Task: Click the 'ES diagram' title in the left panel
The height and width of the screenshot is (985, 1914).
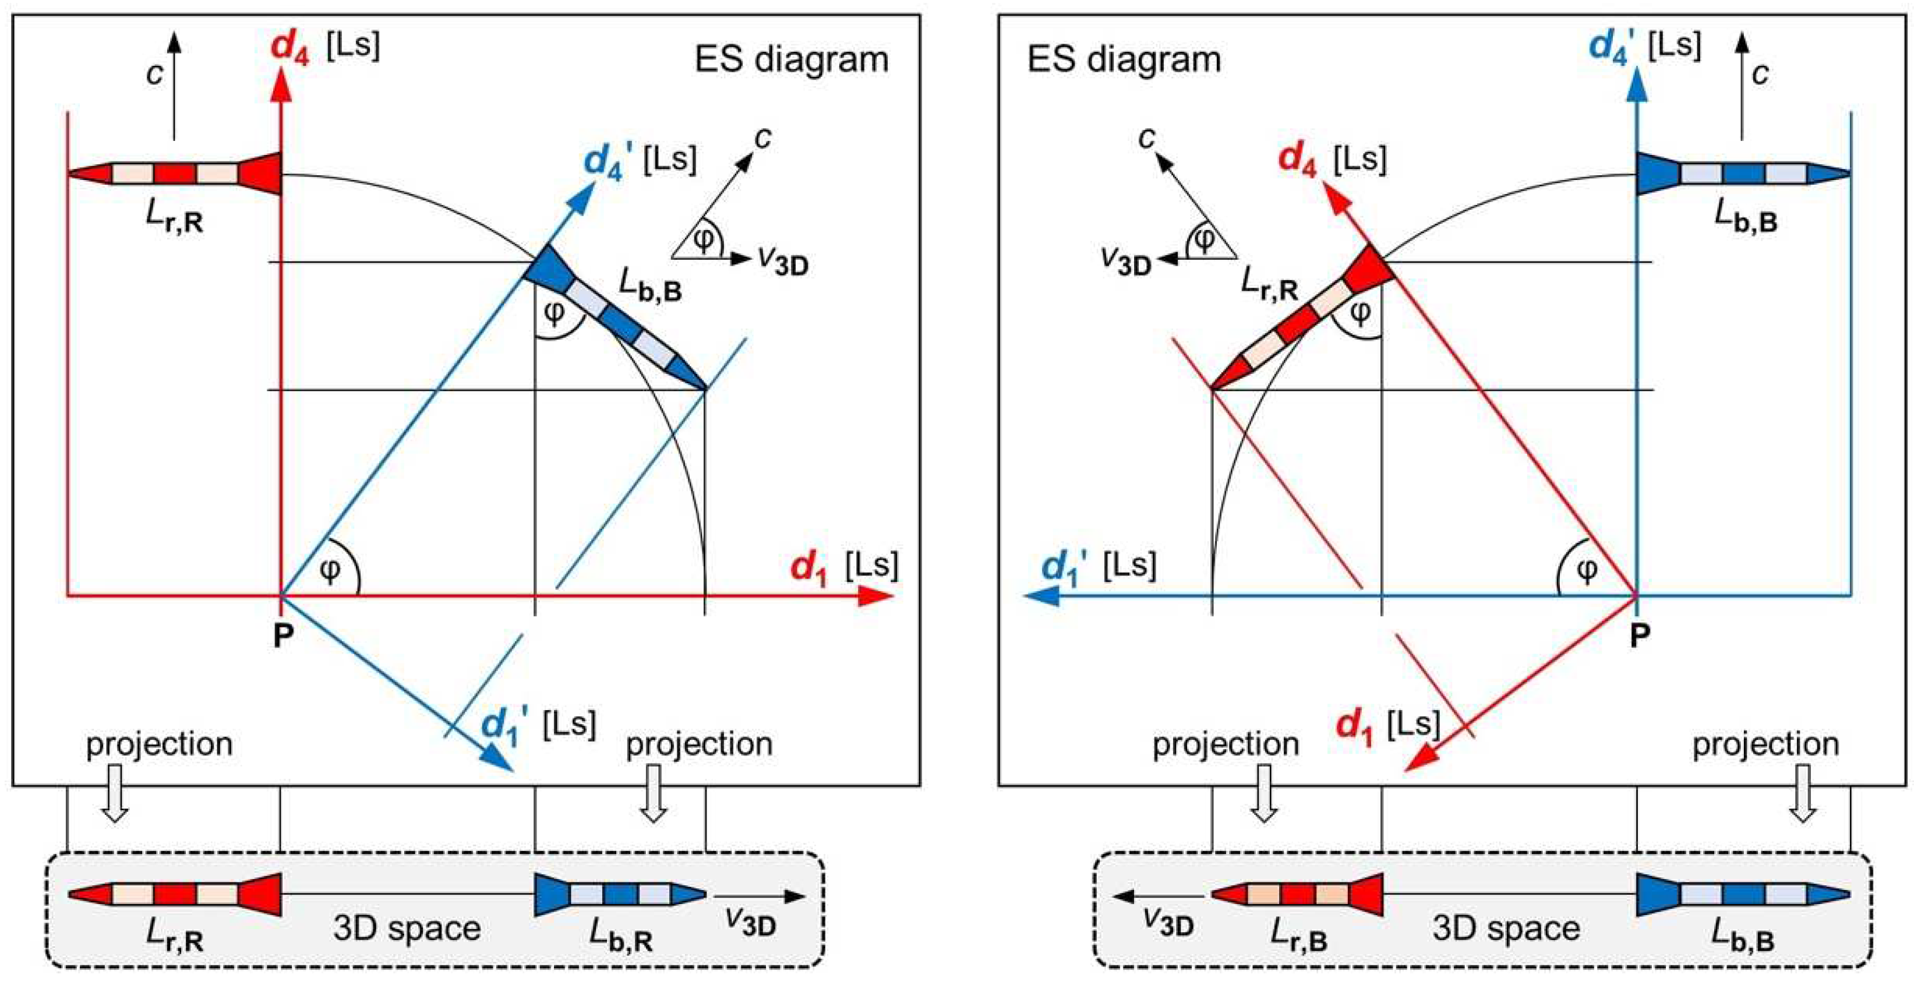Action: [792, 59]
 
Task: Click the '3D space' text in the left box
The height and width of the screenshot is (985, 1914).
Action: [407, 928]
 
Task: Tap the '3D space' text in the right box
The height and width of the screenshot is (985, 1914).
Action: [1506, 928]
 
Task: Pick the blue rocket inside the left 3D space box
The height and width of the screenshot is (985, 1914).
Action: [620, 894]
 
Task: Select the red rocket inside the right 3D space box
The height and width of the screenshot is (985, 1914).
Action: [1297, 894]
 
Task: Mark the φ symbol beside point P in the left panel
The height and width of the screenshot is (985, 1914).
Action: [329, 570]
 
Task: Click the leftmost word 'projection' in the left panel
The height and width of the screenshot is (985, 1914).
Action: [159, 744]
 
